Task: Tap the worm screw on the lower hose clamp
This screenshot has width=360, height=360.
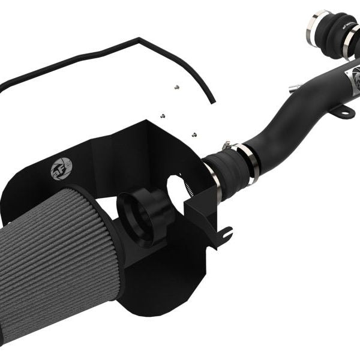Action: coord(226,145)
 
